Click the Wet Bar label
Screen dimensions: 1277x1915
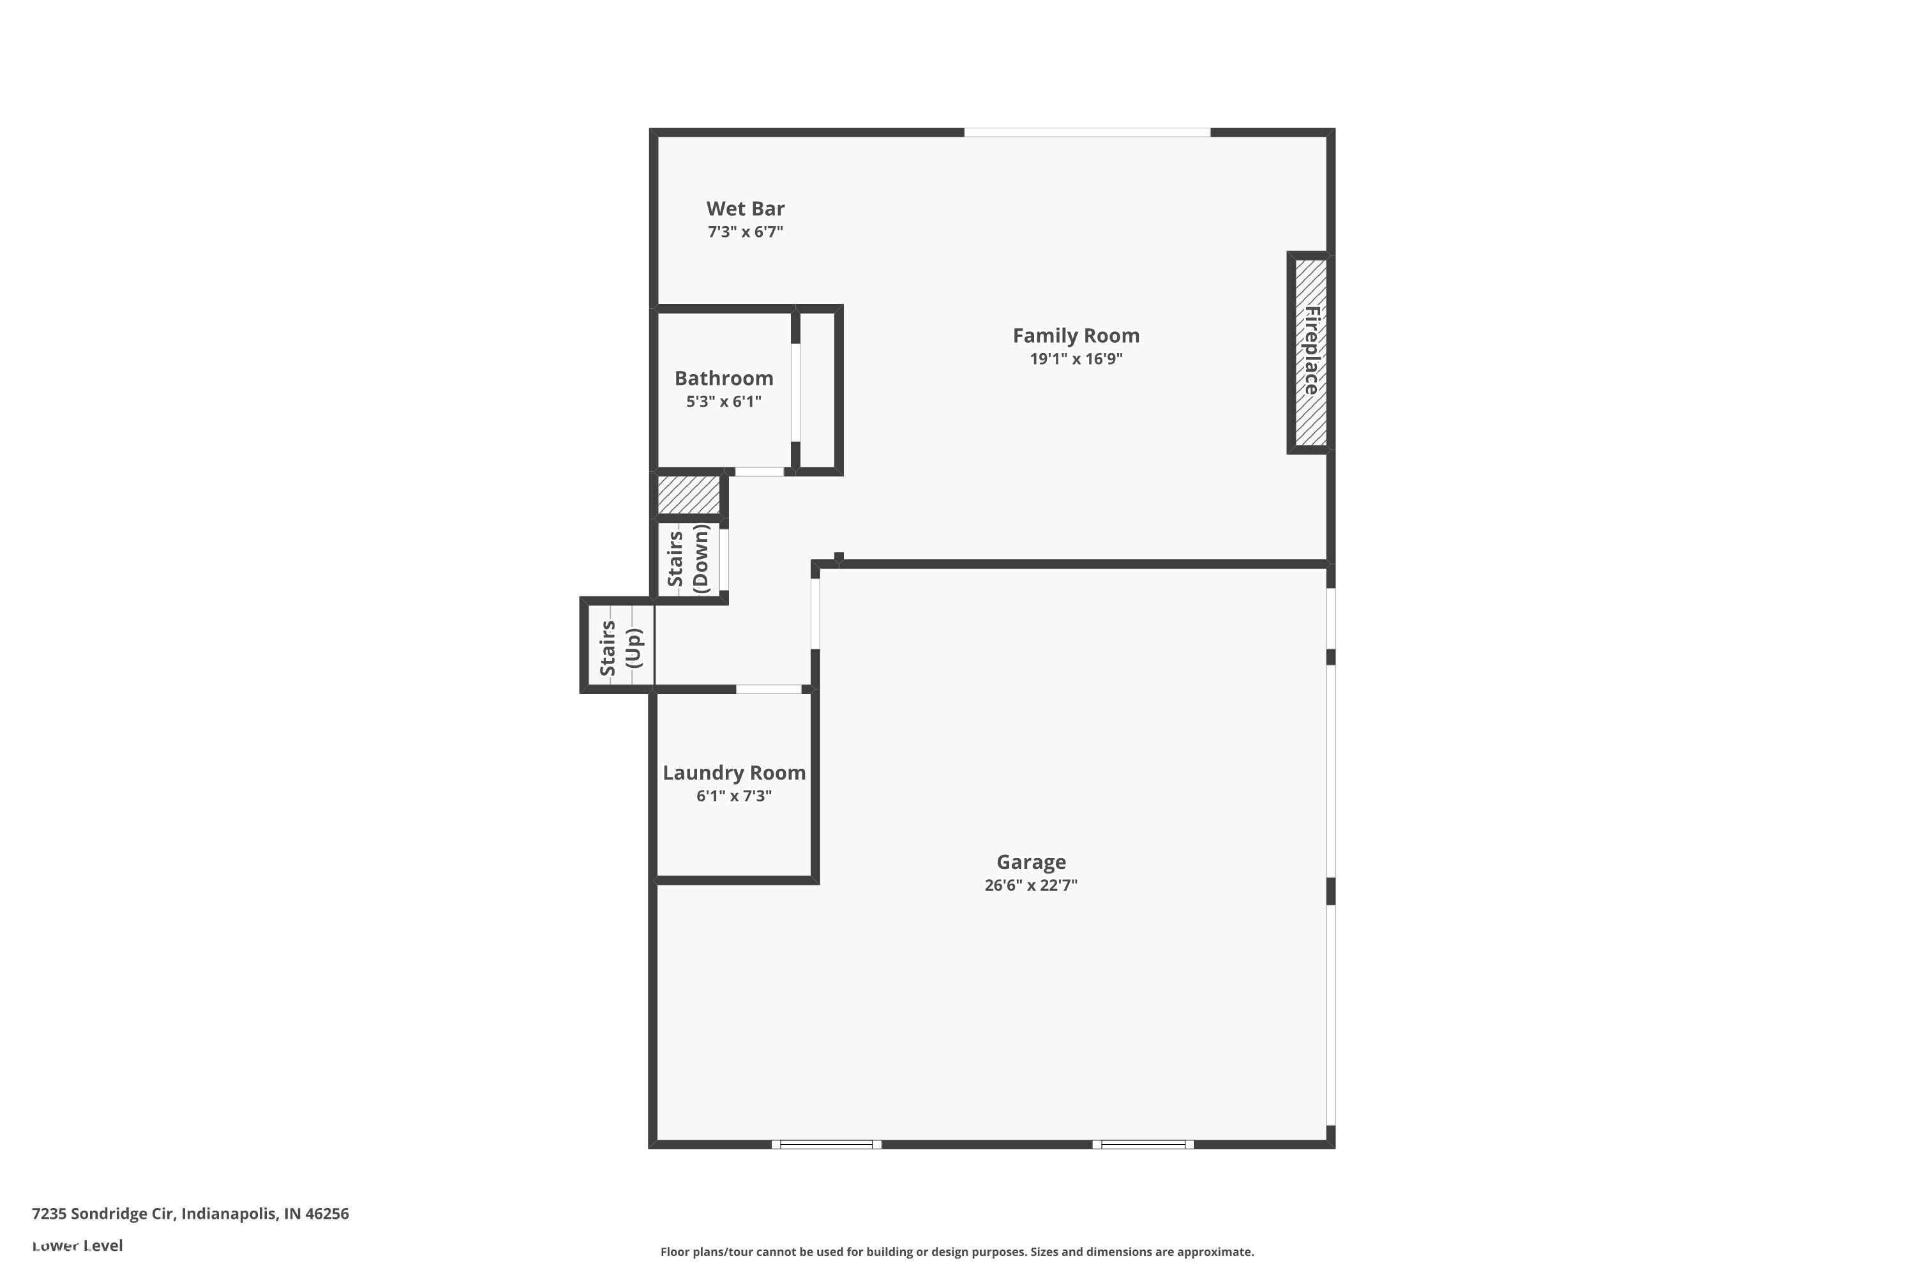click(x=745, y=209)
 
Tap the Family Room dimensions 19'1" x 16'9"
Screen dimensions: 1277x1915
click(x=1076, y=359)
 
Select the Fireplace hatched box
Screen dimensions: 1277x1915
click(x=1310, y=352)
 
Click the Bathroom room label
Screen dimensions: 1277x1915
click(x=723, y=378)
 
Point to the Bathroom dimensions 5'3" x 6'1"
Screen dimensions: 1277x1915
click(x=723, y=402)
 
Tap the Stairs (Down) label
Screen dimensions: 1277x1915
click(x=688, y=559)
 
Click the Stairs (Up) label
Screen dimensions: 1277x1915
click(x=620, y=648)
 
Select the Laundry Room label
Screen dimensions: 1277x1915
click(x=733, y=773)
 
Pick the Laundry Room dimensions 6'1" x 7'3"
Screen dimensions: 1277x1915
click(x=733, y=796)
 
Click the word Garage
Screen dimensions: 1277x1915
click(x=1031, y=861)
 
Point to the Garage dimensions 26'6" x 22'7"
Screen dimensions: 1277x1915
click(x=1031, y=885)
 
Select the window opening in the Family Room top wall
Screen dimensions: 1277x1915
click(x=1087, y=132)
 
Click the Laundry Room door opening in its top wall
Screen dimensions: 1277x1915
click(x=769, y=690)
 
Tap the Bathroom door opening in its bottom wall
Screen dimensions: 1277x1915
click(x=759, y=472)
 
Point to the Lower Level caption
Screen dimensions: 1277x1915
click(x=77, y=1245)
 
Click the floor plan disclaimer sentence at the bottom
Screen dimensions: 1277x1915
click(x=957, y=1251)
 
